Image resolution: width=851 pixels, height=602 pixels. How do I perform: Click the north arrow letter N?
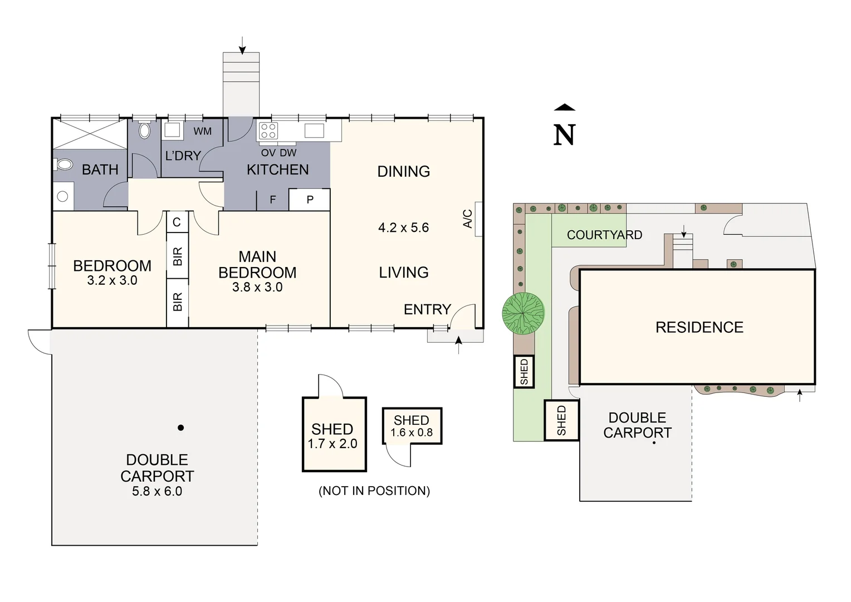pyautogui.click(x=564, y=135)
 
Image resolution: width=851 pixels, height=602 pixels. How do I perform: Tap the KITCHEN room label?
pyautogui.click(x=277, y=169)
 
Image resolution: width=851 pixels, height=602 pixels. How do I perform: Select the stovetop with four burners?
pyautogui.click(x=268, y=131)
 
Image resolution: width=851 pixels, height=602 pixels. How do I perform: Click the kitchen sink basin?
pyautogui.click(x=314, y=131)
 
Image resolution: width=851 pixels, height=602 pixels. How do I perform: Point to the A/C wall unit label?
pyautogui.click(x=468, y=219)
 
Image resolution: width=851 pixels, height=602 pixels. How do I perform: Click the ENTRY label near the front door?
pyautogui.click(x=427, y=309)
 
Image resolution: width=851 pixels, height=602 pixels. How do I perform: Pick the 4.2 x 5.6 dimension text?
pyautogui.click(x=403, y=227)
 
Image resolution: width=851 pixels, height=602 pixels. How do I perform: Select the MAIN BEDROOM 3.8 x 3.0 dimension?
pyautogui.click(x=257, y=288)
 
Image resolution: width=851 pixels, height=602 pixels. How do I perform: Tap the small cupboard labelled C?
pyautogui.click(x=177, y=222)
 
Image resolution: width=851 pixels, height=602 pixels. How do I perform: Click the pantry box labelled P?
pyautogui.click(x=310, y=200)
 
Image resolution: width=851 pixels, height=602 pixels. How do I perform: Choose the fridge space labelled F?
pyautogui.click(x=272, y=200)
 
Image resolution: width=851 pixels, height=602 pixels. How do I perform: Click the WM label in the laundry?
pyautogui.click(x=202, y=132)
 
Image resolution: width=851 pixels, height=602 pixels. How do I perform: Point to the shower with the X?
pyautogui.click(x=90, y=134)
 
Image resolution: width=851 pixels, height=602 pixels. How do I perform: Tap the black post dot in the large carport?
pyautogui.click(x=180, y=428)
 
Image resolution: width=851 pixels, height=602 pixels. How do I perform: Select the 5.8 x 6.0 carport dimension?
pyautogui.click(x=157, y=492)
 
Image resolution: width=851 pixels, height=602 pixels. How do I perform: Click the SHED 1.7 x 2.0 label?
pyautogui.click(x=332, y=436)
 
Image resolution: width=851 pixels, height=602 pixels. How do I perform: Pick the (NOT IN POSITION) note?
pyautogui.click(x=374, y=491)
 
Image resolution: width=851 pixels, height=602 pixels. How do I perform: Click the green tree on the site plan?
pyautogui.click(x=523, y=314)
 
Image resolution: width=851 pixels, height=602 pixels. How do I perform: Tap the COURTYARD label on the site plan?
pyautogui.click(x=604, y=235)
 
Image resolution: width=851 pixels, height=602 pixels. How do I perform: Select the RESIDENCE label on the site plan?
pyautogui.click(x=699, y=327)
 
